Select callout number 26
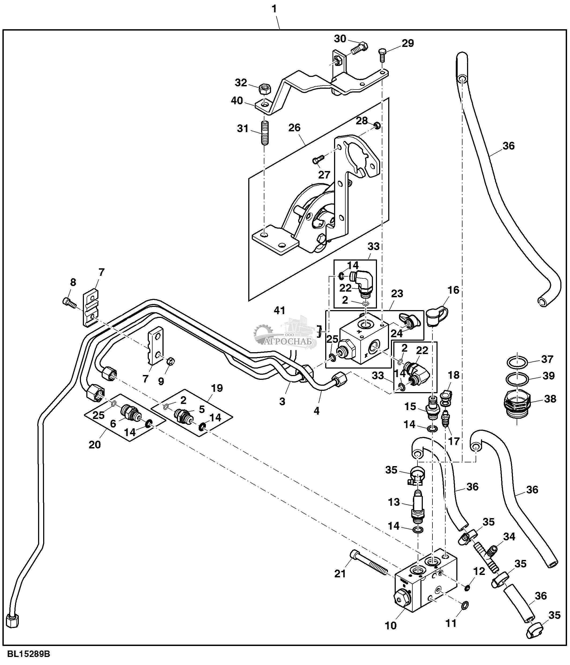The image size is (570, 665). coord(294,128)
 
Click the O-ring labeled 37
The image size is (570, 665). coord(517,363)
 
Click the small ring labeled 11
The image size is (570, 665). coord(464,605)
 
